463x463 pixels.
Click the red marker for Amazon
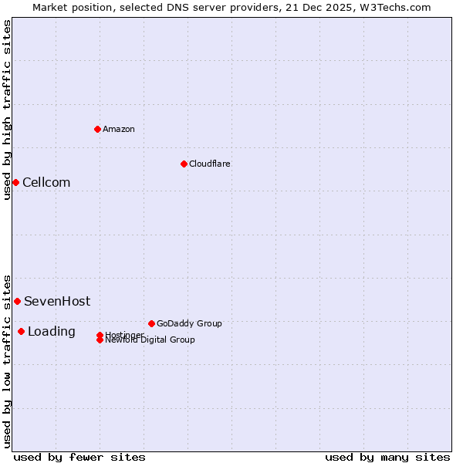pyautogui.click(x=97, y=129)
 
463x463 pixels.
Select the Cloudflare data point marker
pyautogui.click(x=184, y=164)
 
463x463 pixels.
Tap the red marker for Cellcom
pyautogui.click(x=15, y=182)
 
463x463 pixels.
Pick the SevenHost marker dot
pyautogui.click(x=17, y=301)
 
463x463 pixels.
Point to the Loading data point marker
pyautogui.click(x=21, y=331)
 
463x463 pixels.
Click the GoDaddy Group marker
pyautogui.click(x=151, y=323)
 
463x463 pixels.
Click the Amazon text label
pyautogui.click(x=119, y=129)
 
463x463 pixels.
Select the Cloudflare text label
pyautogui.click(x=210, y=164)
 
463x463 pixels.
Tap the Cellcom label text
pyautogui.click(x=46, y=182)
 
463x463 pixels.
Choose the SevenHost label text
pyautogui.click(x=57, y=301)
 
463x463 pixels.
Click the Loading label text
pyautogui.click(x=52, y=331)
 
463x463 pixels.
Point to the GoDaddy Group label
pyautogui.click(x=189, y=323)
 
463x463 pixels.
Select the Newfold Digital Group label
pyautogui.click(x=150, y=340)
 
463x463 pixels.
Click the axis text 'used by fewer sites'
pyautogui.click(x=79, y=457)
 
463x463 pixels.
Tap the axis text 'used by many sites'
pyautogui.click(x=387, y=457)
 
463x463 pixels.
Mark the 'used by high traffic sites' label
pyautogui.click(x=7, y=110)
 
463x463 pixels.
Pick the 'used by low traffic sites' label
pyautogui.click(x=7, y=360)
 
